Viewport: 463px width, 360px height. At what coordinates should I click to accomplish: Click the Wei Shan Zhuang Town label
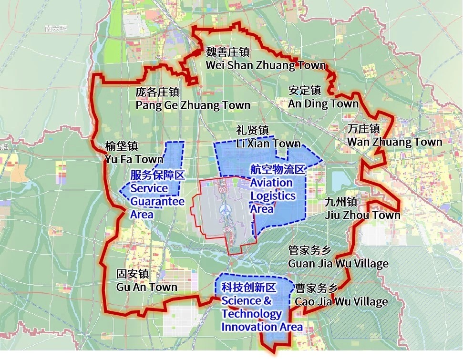coord(266,65)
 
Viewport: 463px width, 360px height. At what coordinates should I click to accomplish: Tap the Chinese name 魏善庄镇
coord(227,52)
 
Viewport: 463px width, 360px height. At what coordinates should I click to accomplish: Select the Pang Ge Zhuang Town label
coord(193,105)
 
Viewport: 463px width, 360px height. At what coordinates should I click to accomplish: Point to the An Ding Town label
coord(323,103)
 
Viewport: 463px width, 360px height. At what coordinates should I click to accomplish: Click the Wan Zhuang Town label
coord(394,142)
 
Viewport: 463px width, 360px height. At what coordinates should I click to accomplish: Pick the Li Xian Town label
coord(268,144)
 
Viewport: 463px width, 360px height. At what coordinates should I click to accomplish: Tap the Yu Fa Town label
coord(134,159)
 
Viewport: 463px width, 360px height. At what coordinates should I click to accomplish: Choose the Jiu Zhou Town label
coord(362,215)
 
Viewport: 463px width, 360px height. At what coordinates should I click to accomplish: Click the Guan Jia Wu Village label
coord(338,263)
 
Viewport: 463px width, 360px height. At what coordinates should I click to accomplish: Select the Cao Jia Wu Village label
coord(341,301)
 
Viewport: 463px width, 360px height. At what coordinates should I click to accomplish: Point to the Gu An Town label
coord(146,287)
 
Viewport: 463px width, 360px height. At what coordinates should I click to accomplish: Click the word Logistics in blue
coord(273,196)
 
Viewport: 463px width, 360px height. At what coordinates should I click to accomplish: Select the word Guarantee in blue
coord(157,201)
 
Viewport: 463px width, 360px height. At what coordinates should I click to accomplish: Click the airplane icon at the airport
coord(225,209)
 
